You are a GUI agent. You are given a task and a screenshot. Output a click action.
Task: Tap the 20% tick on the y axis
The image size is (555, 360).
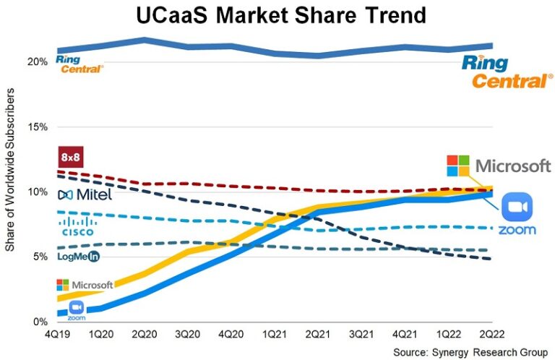[38, 61]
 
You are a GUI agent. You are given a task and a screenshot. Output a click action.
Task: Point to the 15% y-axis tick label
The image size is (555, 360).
[38, 127]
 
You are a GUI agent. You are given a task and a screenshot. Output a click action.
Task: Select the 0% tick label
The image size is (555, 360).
[41, 322]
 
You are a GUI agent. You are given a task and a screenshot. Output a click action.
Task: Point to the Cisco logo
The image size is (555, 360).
[78, 226]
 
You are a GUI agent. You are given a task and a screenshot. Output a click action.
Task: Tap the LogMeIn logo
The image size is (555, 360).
[78, 256]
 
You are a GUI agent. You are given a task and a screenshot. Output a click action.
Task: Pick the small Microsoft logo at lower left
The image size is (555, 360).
[84, 285]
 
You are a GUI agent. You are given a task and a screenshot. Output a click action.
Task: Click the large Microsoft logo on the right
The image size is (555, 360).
[499, 166]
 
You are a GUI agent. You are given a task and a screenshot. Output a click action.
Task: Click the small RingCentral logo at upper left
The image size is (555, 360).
[79, 64]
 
